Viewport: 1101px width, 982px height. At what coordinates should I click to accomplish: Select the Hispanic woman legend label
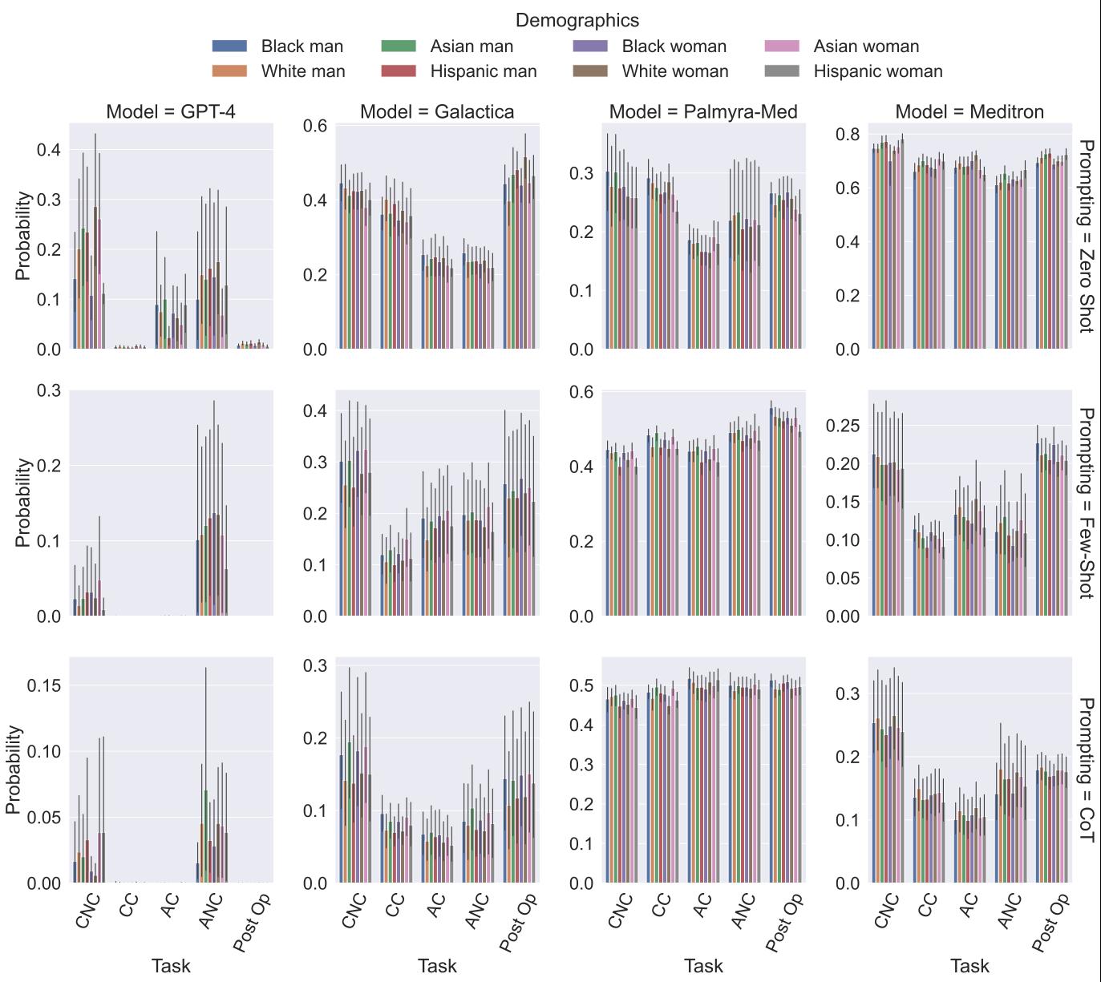[878, 71]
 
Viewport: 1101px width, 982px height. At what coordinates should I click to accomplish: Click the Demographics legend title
[577, 20]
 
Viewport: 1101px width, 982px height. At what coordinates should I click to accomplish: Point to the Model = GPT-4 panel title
[171, 111]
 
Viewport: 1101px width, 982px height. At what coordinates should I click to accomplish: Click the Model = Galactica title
[437, 111]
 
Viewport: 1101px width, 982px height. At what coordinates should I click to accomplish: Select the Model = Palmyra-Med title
[703, 111]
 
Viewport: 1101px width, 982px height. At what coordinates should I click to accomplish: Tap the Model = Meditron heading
[969, 111]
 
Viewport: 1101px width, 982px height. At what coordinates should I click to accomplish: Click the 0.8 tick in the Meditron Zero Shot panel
[848, 134]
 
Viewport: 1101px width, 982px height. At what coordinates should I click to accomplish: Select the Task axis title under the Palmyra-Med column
[703, 966]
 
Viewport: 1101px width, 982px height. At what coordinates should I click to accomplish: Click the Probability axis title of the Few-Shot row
[22, 503]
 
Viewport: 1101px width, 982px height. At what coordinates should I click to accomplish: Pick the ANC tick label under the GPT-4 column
[210, 911]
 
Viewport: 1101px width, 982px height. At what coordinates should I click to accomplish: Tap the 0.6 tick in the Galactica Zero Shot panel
[316, 126]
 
